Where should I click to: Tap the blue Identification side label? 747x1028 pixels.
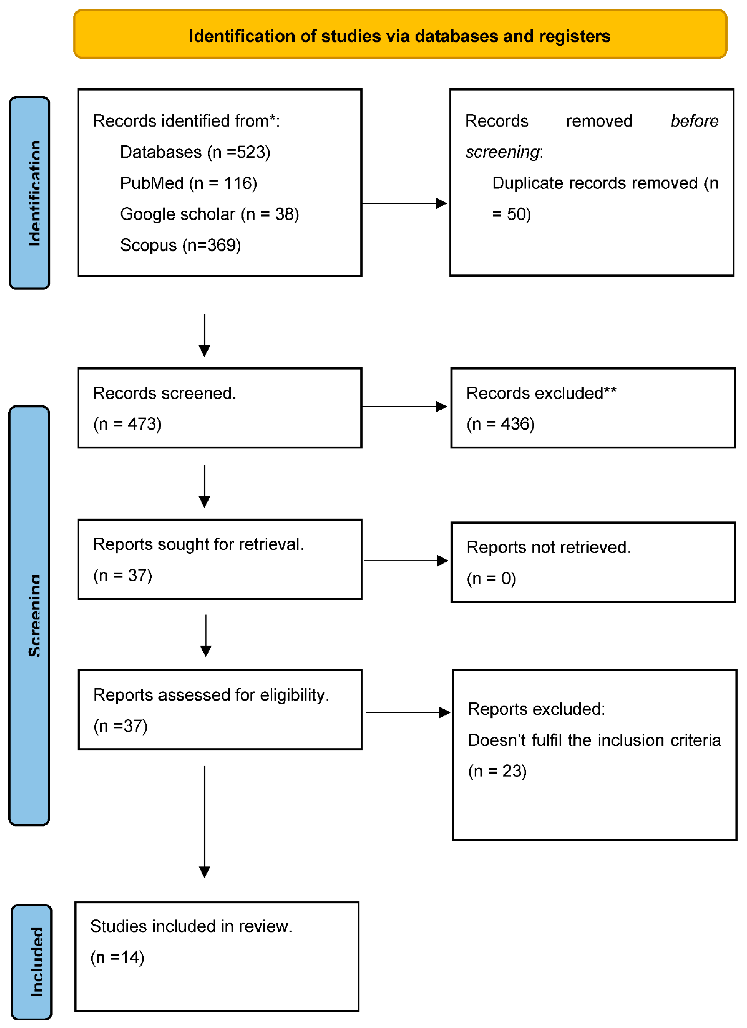click(30, 193)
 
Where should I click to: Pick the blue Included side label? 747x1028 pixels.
click(32, 962)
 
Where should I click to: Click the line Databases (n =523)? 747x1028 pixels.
click(195, 152)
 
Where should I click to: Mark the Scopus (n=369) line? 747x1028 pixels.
click(180, 245)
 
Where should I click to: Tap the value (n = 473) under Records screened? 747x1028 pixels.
click(127, 424)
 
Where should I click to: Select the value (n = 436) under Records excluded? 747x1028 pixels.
click(501, 424)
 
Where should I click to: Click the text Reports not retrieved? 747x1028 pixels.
click(549, 548)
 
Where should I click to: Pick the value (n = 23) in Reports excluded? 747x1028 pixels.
click(497, 771)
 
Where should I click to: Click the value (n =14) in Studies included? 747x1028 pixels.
click(117, 957)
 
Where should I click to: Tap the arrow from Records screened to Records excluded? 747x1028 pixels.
click(404, 407)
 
